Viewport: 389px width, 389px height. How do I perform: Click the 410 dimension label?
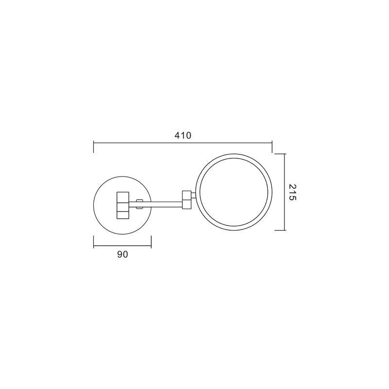click(x=183, y=136)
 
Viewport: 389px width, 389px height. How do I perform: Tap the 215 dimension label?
click(x=293, y=192)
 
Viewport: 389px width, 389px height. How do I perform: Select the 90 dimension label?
click(x=123, y=254)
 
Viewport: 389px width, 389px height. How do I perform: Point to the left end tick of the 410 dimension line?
click(x=93, y=147)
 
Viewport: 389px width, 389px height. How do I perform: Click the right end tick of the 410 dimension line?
click(x=272, y=147)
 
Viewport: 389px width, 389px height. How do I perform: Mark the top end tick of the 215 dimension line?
click(x=280, y=154)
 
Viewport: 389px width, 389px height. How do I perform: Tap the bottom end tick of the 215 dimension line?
click(x=280, y=230)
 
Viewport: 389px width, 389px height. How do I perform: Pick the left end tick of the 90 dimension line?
click(x=93, y=242)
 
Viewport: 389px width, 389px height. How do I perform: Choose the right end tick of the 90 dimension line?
click(x=151, y=242)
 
